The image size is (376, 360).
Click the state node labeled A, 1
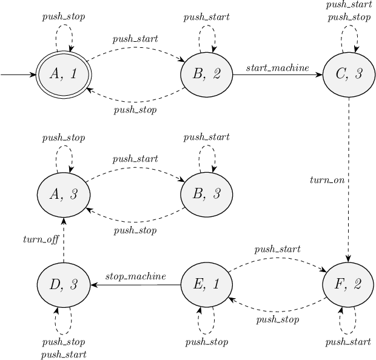(x=64, y=75)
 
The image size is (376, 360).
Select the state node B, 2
(x=206, y=75)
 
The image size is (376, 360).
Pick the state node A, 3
(x=64, y=194)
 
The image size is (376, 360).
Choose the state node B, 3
(x=206, y=194)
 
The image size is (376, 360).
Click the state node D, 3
(x=64, y=284)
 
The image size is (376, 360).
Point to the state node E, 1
(x=206, y=284)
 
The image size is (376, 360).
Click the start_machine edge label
(x=277, y=67)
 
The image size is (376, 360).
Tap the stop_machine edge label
(x=135, y=276)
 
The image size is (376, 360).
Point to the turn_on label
(x=327, y=180)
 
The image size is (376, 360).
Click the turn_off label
(x=41, y=239)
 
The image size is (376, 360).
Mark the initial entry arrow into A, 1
(x=18, y=75)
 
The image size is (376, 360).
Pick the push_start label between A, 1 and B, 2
(x=135, y=39)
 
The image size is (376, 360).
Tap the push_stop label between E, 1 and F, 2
(x=277, y=319)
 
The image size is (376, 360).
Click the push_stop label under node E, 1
(x=206, y=342)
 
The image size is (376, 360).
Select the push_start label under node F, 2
(x=348, y=342)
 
